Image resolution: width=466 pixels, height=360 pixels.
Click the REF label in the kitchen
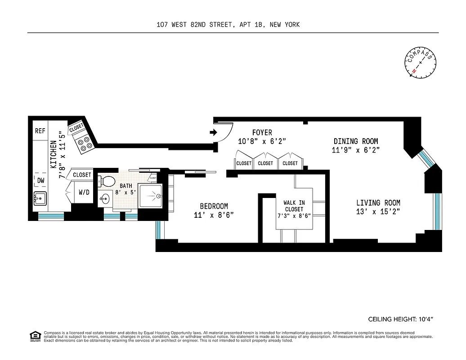point(40,131)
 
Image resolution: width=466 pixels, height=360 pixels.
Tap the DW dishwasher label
point(41,180)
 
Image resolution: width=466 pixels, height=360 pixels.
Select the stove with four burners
point(84,143)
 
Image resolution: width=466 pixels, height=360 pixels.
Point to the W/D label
point(84,193)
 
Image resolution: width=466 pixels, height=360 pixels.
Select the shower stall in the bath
point(150,196)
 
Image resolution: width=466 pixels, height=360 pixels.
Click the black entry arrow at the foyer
point(214,132)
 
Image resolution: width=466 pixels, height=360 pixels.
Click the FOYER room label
point(262,132)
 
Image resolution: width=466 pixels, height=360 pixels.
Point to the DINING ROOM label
point(355,141)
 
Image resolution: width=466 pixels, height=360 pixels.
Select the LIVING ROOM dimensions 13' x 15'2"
point(378,211)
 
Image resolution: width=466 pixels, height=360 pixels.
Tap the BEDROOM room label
point(214,207)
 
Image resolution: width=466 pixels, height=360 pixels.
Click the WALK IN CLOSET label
point(294,206)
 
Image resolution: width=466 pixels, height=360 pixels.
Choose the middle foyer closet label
point(265,163)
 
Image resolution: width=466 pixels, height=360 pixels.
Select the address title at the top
point(228,25)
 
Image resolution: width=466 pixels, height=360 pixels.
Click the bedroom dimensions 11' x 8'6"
point(214,215)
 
